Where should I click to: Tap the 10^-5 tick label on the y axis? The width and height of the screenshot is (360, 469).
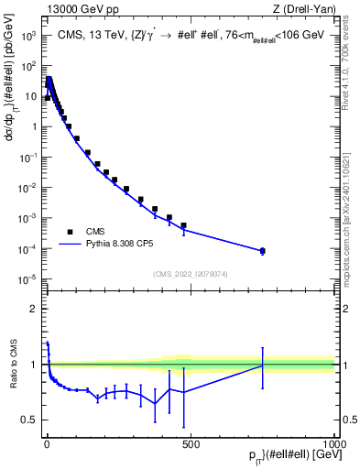(x=27, y=278)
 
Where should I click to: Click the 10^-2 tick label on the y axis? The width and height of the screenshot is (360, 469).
(x=27, y=188)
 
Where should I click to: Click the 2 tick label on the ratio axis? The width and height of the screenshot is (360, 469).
(x=34, y=309)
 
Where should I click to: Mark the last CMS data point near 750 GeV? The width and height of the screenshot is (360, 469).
(x=262, y=250)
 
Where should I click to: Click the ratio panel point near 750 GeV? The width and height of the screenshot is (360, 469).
(x=262, y=365)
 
